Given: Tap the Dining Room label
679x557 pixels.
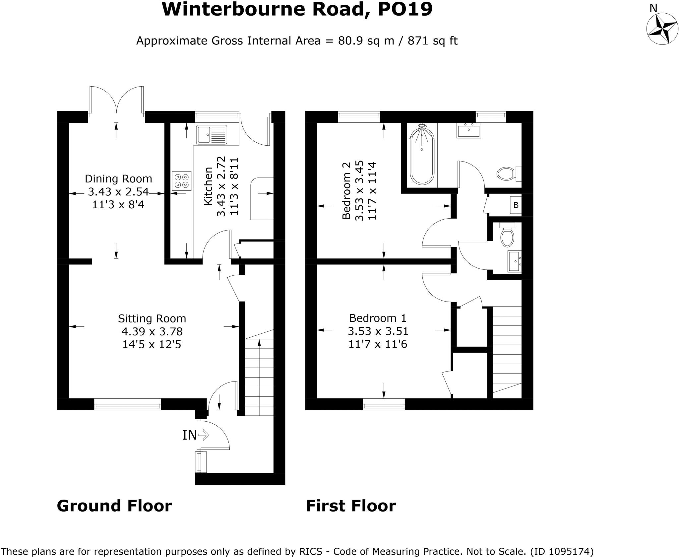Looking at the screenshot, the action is pyautogui.click(x=118, y=179).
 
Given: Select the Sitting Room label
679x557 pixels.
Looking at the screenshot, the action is pyautogui.click(x=152, y=318).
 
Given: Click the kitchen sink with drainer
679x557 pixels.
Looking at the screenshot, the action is pyautogui.click(x=212, y=135).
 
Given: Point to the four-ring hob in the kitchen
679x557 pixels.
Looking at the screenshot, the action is pyautogui.click(x=182, y=181).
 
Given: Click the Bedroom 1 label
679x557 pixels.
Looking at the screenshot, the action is pyautogui.click(x=378, y=318).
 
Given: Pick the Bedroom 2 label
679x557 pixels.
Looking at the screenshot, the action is pyautogui.click(x=346, y=190).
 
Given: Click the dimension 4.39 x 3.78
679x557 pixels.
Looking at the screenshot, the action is pyautogui.click(x=152, y=331).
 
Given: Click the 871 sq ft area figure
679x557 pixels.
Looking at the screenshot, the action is pyautogui.click(x=432, y=41).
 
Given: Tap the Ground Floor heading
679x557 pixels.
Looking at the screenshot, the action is pyautogui.click(x=114, y=506).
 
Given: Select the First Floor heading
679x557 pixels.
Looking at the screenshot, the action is pyautogui.click(x=351, y=506).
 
